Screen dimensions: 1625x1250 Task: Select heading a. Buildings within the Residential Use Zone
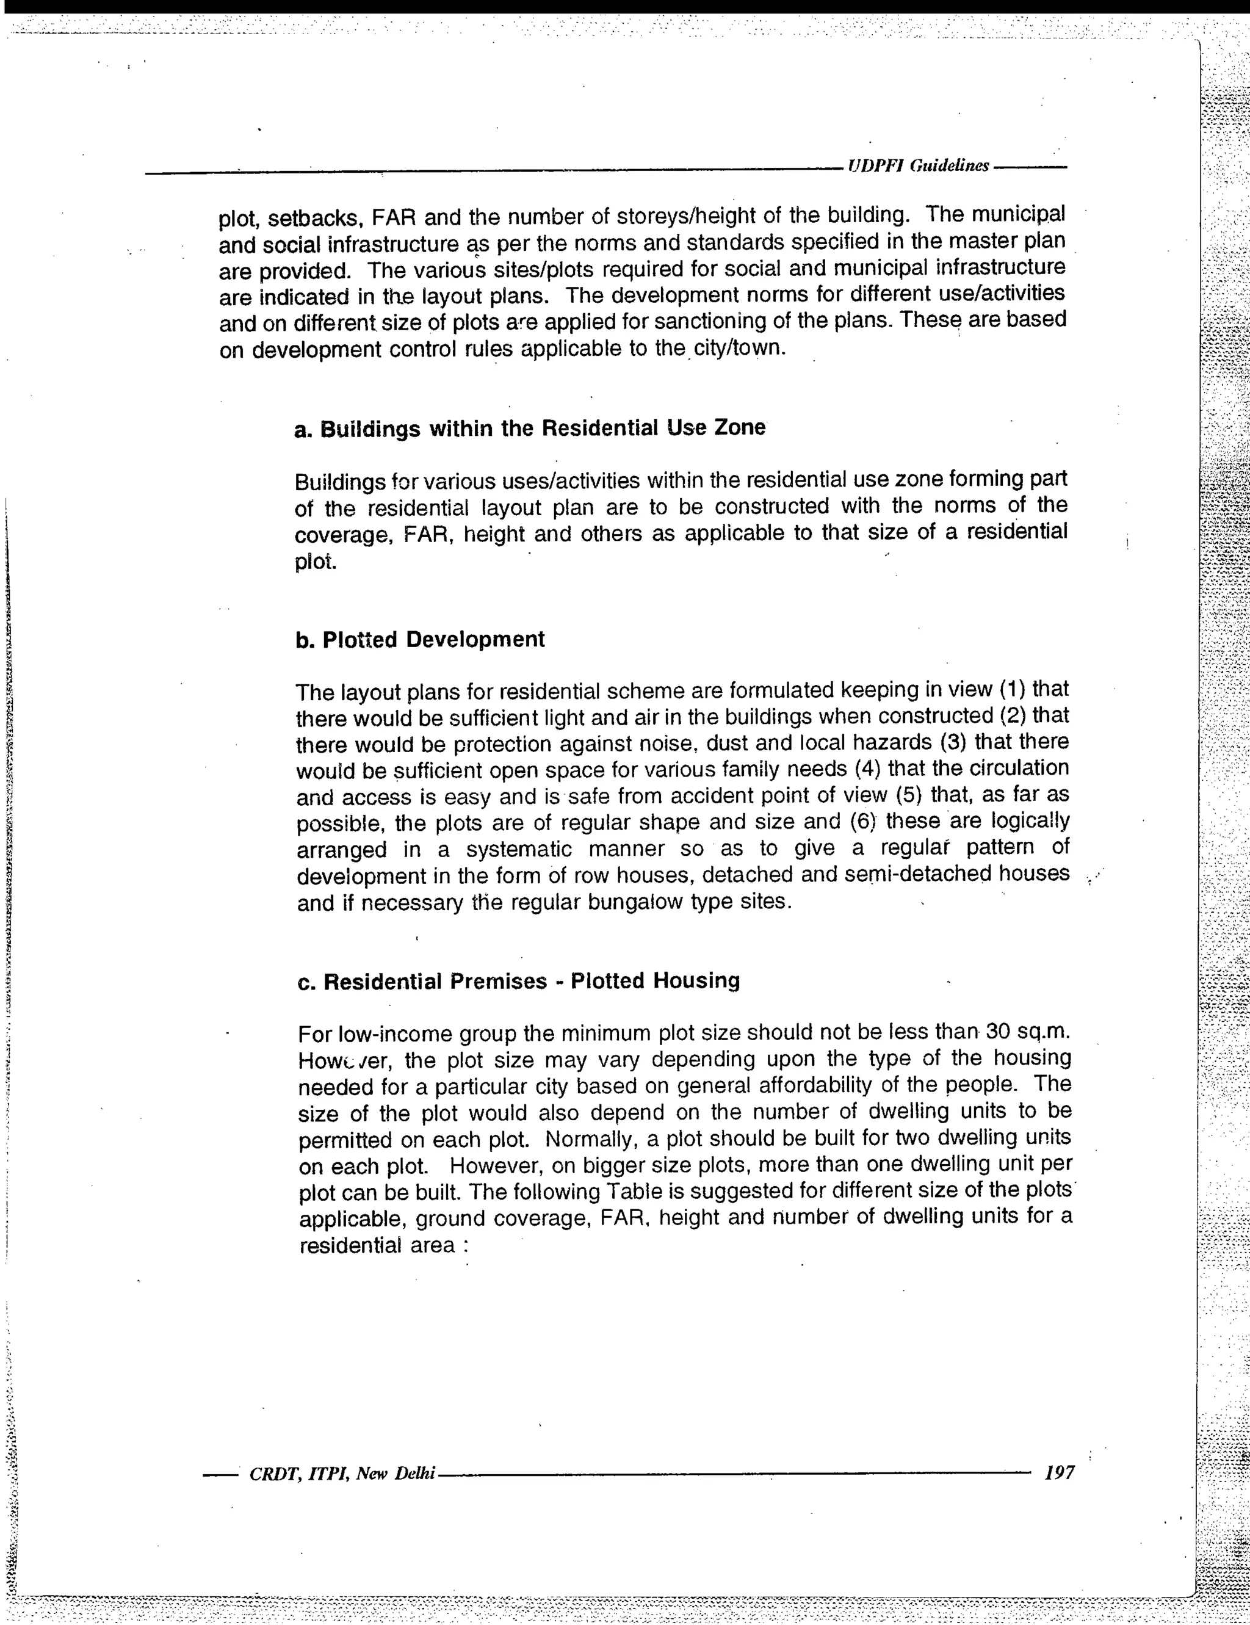coord(530,429)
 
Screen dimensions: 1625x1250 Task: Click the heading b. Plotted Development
coord(421,640)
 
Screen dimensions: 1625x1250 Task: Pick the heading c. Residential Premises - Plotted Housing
coord(519,982)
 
